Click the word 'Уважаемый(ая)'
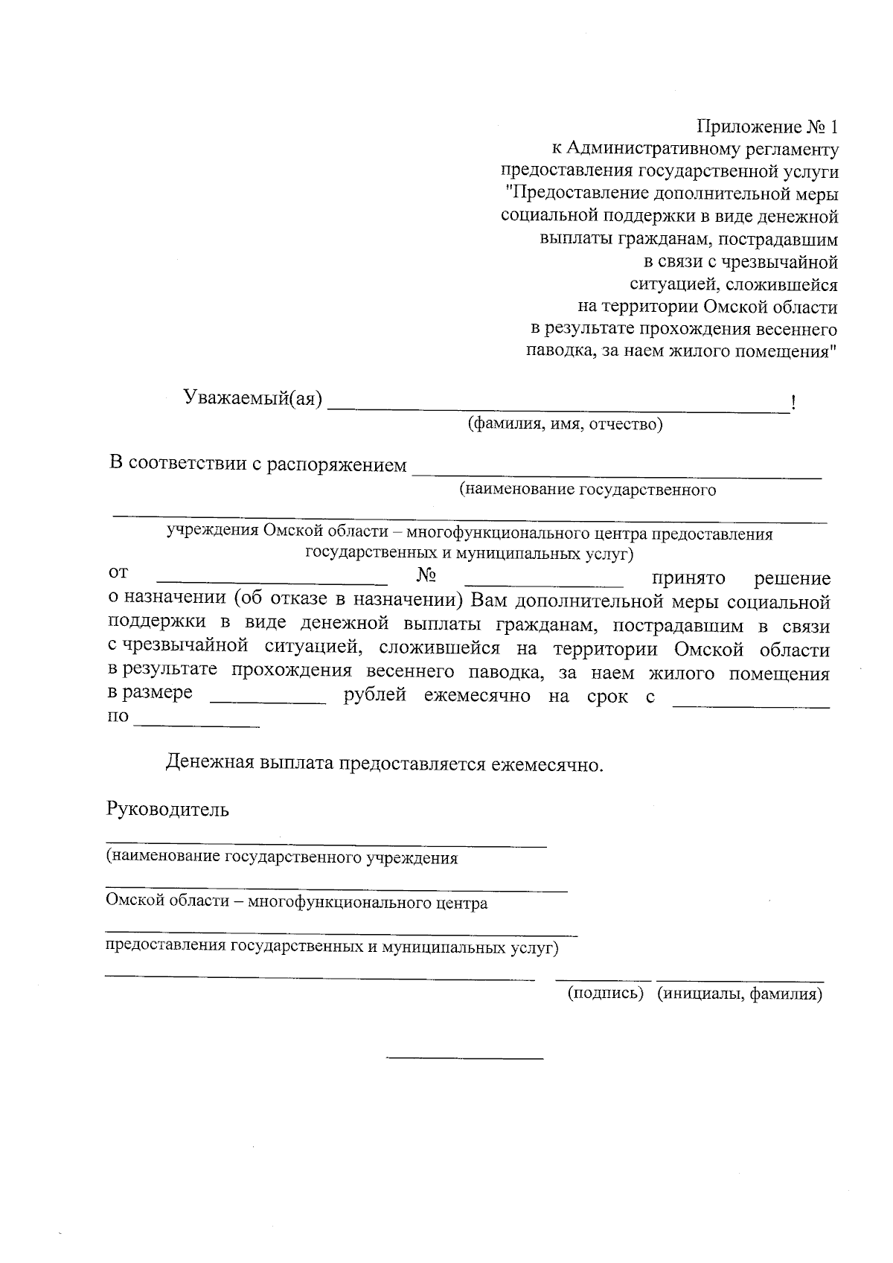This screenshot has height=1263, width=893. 253,400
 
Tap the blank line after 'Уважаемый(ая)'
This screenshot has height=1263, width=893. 558,408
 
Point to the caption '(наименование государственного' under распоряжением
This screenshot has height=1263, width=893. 587,490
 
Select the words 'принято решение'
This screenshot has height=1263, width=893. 740,579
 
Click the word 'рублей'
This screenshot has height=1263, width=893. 375,697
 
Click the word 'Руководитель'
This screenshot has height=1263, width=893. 167,810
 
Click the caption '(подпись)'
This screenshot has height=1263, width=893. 605,994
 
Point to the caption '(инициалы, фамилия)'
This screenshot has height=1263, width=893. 740,994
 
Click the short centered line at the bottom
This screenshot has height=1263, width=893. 465,1058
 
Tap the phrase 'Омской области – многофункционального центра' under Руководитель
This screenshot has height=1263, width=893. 297,904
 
